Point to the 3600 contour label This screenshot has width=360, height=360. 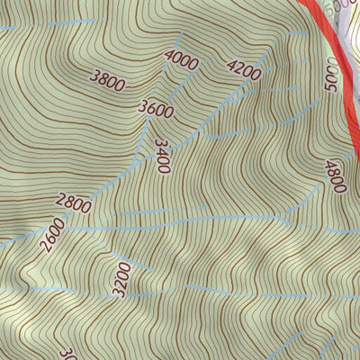156,108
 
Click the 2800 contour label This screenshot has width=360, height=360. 74,203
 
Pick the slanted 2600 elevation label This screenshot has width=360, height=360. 52,237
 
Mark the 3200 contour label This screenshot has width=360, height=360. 123,279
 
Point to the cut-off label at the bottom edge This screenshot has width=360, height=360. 66,354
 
